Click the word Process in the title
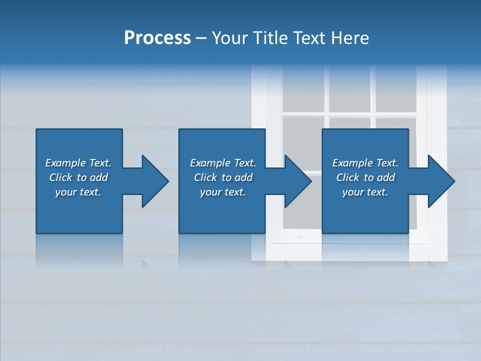click(x=157, y=38)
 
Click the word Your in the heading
click(x=231, y=38)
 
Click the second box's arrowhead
click(x=298, y=181)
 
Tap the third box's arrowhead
click(x=441, y=181)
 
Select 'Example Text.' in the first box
click(x=78, y=163)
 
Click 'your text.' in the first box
click(x=78, y=192)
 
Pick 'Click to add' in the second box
click(x=223, y=177)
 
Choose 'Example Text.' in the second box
click(x=223, y=163)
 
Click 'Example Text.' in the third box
click(x=365, y=163)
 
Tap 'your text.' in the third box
click(x=365, y=192)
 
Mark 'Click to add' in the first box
click(x=78, y=177)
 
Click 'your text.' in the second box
click(x=223, y=192)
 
